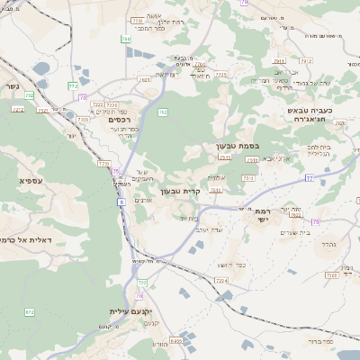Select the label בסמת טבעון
coord(238,146)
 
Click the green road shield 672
coord(30,312)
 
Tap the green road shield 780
coord(126,40)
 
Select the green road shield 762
coord(163,112)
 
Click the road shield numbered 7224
coord(221,281)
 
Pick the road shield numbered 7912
coord(306,61)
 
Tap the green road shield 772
coord(73,85)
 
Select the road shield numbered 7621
coord(146,79)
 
